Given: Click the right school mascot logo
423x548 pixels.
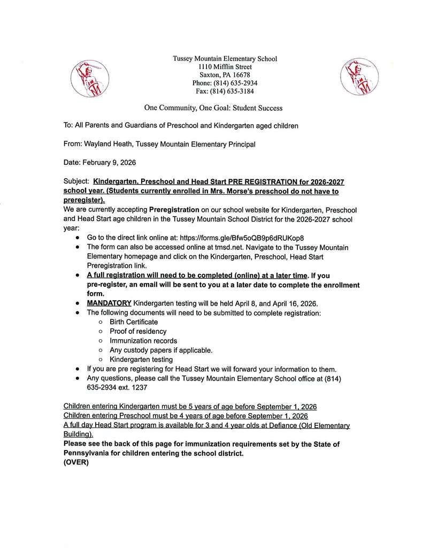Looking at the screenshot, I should [x=356, y=79].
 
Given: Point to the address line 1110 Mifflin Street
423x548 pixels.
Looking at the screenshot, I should [x=225, y=67].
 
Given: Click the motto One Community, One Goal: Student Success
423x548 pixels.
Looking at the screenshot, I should [x=213, y=108].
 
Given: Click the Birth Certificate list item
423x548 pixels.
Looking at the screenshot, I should [x=134, y=322].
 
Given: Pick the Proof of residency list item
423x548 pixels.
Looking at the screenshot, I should [x=138, y=331].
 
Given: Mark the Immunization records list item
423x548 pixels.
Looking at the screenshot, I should [x=143, y=340].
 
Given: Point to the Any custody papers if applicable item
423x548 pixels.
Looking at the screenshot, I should [x=161, y=350].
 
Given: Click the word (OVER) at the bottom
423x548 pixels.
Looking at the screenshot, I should [x=76, y=462].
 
